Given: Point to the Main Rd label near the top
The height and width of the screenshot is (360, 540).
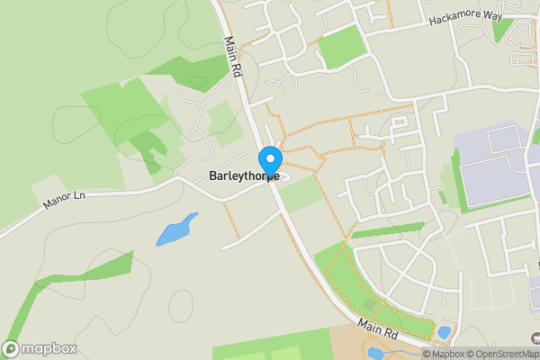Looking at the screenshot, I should pyautogui.click(x=232, y=57).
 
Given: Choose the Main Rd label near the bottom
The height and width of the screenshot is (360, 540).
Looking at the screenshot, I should pyautogui.click(x=377, y=329).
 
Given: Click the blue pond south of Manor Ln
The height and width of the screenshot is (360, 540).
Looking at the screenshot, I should pyautogui.click(x=176, y=229).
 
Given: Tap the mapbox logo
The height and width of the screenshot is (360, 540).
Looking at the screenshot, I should pyautogui.click(x=40, y=349).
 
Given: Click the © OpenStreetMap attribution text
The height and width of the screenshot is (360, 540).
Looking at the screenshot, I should pyautogui.click(x=502, y=354).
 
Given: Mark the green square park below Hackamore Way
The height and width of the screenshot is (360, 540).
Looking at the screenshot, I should pyautogui.click(x=341, y=47).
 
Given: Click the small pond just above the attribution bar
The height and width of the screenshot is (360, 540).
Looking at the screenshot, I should pyautogui.click(x=444, y=332).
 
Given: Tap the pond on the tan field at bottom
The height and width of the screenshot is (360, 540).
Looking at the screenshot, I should pyautogui.click(x=375, y=352).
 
